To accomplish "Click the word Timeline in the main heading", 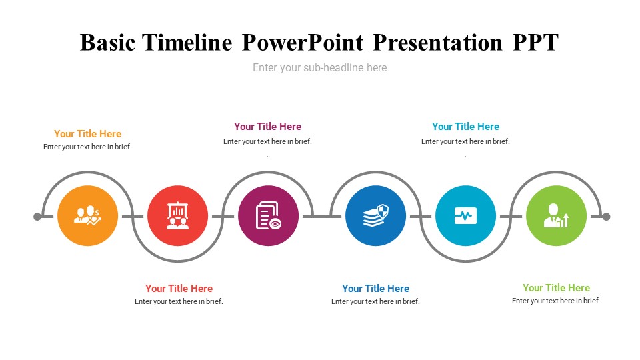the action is [x=187, y=43].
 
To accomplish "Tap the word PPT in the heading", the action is [x=535, y=43].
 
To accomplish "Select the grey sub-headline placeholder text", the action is [x=319, y=67].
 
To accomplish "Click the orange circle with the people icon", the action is [x=88, y=215].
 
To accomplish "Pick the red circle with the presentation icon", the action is [x=177, y=215].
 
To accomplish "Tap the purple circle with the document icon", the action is [x=268, y=215].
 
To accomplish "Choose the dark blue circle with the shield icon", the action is [x=375, y=215].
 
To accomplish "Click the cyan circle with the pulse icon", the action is [x=466, y=215].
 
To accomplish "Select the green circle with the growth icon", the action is [x=556, y=215].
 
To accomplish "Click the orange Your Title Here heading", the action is [x=88, y=134].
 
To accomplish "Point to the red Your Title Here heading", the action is [x=179, y=289].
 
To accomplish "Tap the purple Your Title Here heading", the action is [x=268, y=127].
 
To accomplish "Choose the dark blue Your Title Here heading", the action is [x=375, y=289].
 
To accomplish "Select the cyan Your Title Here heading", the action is [x=466, y=127].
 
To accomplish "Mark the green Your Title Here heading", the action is [x=556, y=288].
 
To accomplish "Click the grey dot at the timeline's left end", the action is [x=37, y=216].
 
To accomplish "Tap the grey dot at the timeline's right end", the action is [x=607, y=216].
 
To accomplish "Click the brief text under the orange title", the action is [x=88, y=147].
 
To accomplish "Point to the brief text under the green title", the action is [x=556, y=301].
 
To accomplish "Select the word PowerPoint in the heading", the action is [x=303, y=43].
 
